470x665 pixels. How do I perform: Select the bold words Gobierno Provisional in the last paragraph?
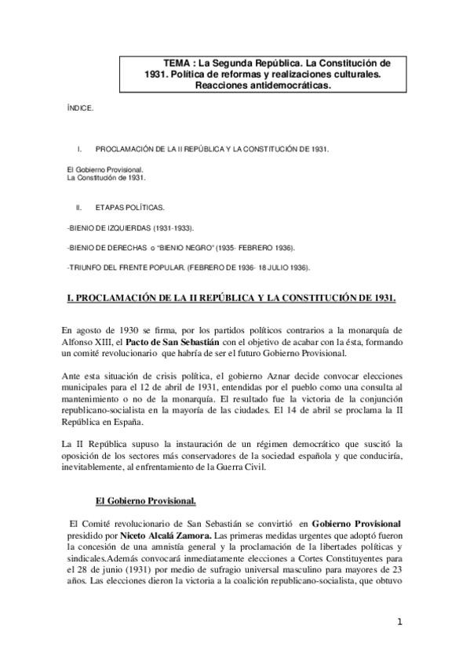coord(355,524)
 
